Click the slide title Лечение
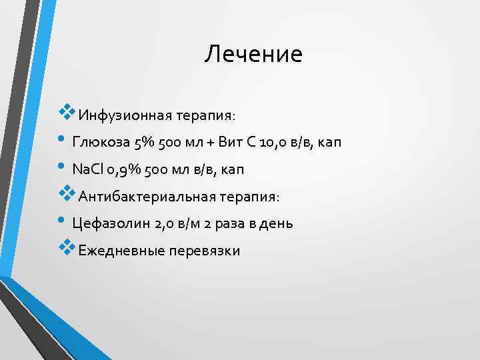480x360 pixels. pyautogui.click(x=253, y=54)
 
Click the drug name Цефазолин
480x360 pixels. pyautogui.click(x=109, y=223)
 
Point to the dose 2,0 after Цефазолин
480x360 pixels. pyautogui.click(x=162, y=223)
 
